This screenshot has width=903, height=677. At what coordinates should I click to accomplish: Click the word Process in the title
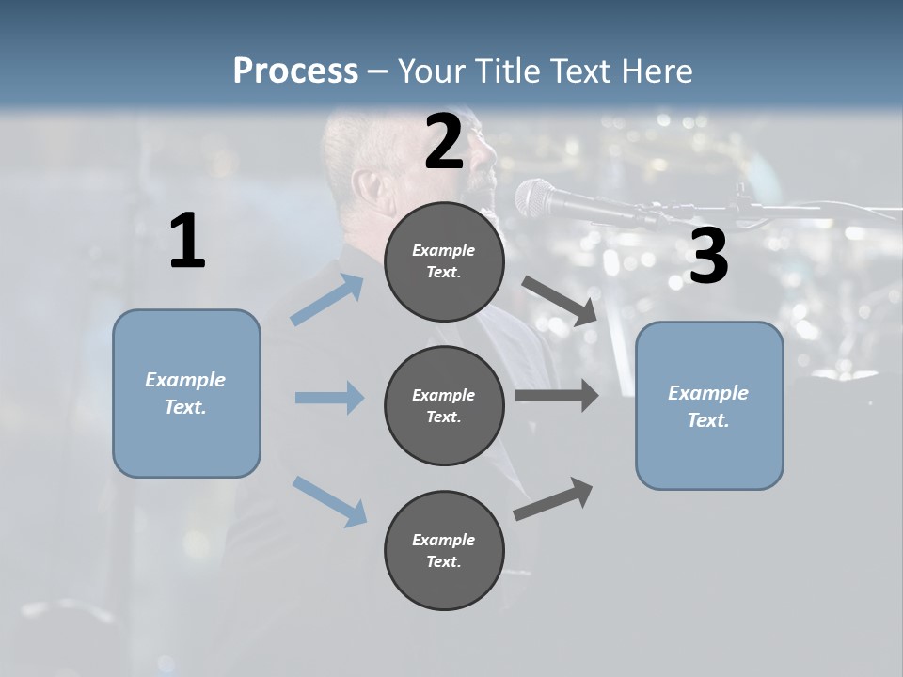pos(296,71)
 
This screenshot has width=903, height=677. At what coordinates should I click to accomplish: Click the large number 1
pos(188,240)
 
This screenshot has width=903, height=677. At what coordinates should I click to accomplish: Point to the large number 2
pos(444,142)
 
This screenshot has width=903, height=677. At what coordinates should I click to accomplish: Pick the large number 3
pos(709,255)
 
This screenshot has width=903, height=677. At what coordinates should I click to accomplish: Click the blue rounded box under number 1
pos(186,394)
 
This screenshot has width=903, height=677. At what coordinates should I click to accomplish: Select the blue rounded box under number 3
pos(709,406)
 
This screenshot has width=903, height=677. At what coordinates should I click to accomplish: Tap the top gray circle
pos(445,261)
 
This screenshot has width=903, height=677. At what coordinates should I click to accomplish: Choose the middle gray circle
pos(445,406)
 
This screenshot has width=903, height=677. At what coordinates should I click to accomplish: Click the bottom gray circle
pos(445,550)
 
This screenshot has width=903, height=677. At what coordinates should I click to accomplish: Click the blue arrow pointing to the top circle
pos(327,299)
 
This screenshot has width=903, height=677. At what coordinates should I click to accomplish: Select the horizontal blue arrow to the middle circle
pos(330,397)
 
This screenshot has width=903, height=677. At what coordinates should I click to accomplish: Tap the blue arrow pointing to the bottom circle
pos(330,501)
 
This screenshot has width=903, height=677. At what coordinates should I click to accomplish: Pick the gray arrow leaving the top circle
pos(559,301)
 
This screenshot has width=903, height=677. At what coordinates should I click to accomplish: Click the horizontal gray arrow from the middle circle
pos(557,396)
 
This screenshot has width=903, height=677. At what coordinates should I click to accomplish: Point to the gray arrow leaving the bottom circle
pos(553,498)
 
